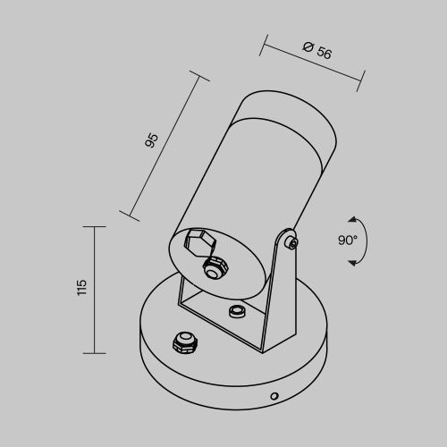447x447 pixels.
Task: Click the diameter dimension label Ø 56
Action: (316, 51)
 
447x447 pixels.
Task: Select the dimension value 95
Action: (151, 139)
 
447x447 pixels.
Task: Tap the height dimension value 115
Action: (81, 287)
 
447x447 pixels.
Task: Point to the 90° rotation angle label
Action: (348, 240)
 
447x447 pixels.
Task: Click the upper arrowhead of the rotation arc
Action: (353, 219)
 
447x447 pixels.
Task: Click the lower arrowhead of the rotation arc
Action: (353, 261)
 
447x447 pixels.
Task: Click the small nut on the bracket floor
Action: (237, 310)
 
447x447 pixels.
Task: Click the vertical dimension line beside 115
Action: (96, 287)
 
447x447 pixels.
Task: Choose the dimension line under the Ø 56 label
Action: (314, 63)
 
